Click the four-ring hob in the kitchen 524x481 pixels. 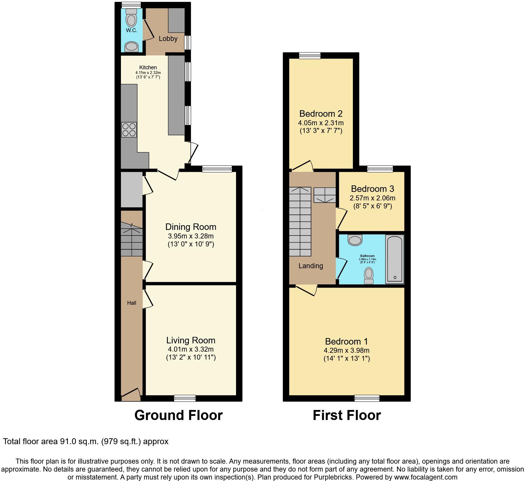(x=129, y=130)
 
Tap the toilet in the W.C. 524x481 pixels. (x=131, y=19)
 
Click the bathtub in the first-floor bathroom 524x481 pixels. (x=394, y=259)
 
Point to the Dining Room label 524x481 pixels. (x=191, y=227)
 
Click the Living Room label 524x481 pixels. (x=191, y=340)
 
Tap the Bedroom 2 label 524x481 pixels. (x=321, y=113)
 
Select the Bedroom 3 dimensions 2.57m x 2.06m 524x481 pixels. (x=372, y=198)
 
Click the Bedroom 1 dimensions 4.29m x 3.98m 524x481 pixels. (x=346, y=350)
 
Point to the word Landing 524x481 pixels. (x=311, y=266)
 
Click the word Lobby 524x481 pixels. (x=168, y=39)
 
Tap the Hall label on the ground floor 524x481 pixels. (x=132, y=303)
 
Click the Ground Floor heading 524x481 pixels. (x=179, y=415)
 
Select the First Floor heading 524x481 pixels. (x=347, y=415)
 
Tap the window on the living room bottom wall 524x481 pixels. (x=185, y=398)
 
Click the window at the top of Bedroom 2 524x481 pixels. (x=310, y=56)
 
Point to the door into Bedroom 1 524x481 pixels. (x=307, y=289)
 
